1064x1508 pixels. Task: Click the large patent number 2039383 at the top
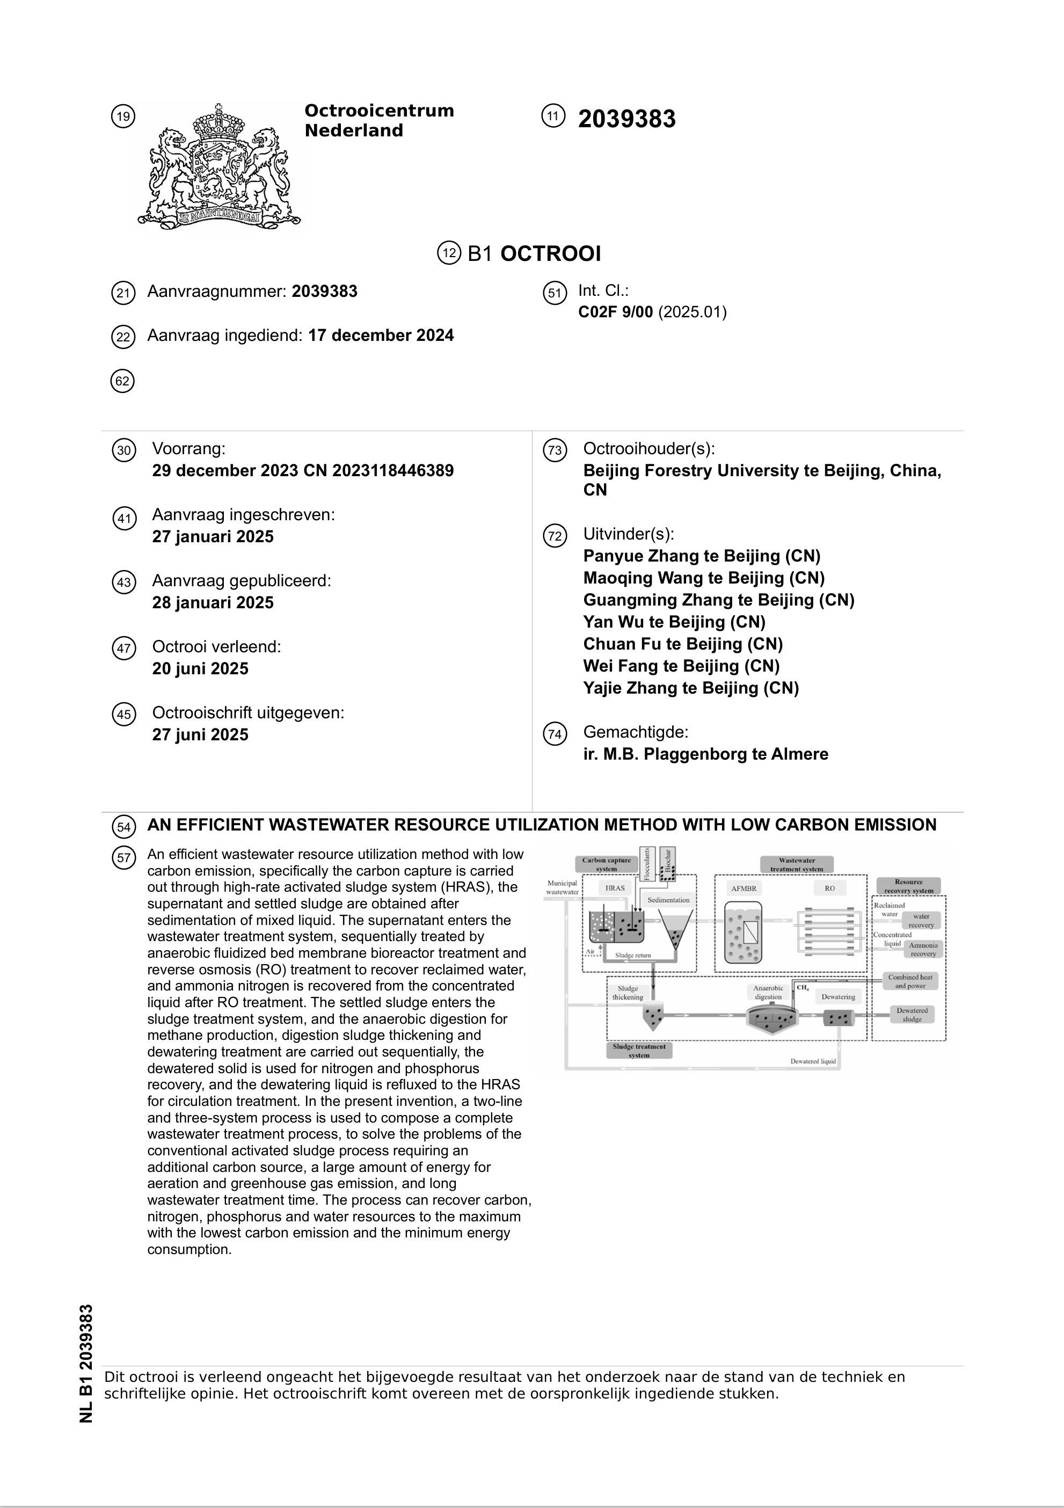coord(626,119)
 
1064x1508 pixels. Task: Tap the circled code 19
coord(123,117)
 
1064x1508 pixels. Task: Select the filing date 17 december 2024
coord(381,336)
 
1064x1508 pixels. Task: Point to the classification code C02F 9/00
coord(615,312)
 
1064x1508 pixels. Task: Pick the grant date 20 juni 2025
coord(200,668)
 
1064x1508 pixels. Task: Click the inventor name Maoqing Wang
coord(651,578)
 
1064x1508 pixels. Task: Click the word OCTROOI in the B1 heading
coord(550,253)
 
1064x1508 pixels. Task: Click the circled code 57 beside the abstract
coord(123,857)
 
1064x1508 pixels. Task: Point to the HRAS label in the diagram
coord(615,888)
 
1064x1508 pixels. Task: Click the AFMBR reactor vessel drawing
coord(744,931)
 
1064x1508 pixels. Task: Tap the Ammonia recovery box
coord(923,950)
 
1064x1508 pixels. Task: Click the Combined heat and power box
coord(910,981)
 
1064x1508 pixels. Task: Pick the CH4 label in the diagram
coord(803,987)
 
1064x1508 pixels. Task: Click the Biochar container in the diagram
coord(668,864)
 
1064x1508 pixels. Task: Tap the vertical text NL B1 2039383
coord(86,1364)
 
